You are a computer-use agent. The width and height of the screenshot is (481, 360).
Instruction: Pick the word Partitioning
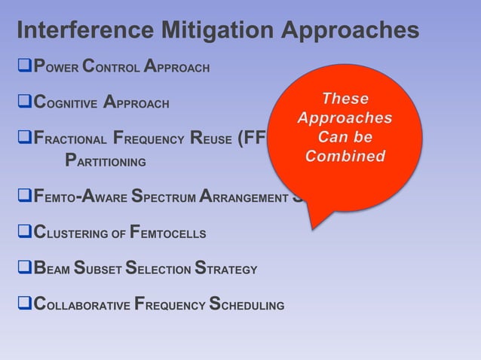coord(105,161)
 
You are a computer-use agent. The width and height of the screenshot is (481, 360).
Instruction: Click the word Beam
coord(50,270)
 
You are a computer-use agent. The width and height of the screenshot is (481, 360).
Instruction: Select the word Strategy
coord(226,270)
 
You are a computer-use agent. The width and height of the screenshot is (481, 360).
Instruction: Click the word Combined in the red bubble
coord(345,157)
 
